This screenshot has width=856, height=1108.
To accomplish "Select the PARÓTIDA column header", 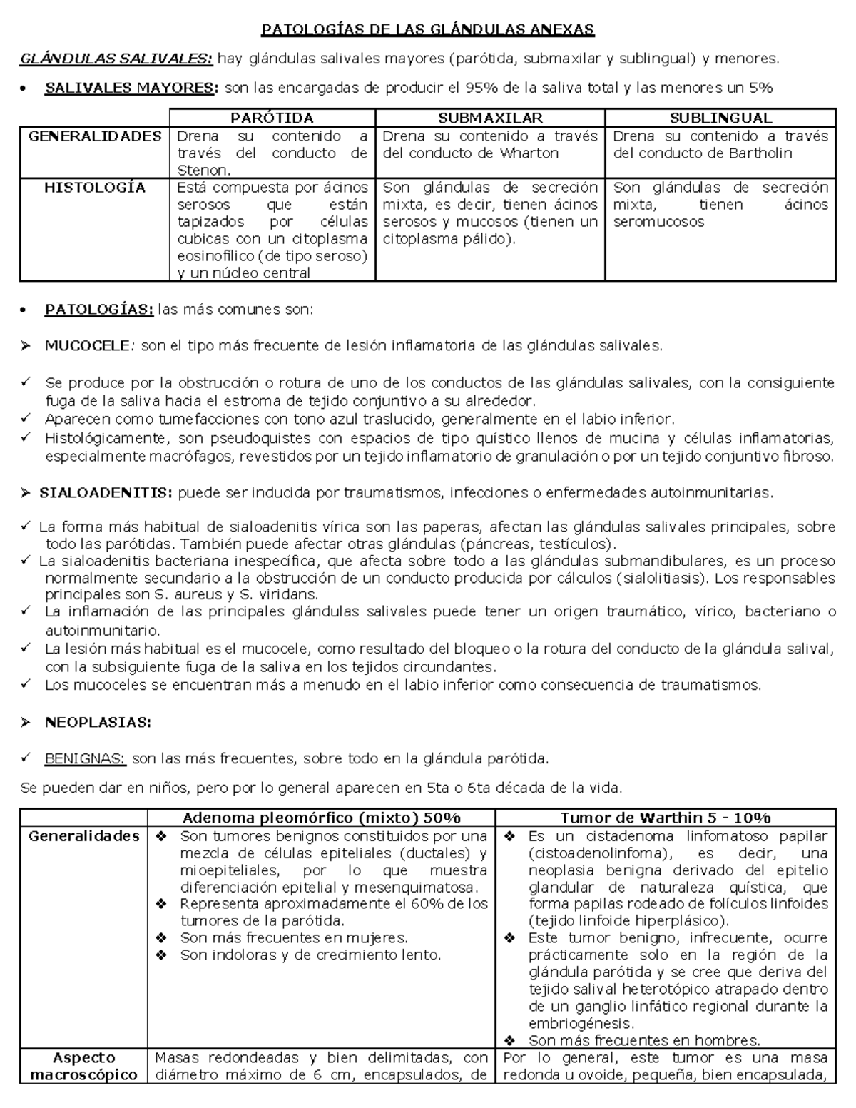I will point(272,118).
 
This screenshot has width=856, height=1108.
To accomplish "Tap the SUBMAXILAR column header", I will point(490,118).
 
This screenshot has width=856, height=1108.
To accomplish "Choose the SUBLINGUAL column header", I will point(720,118).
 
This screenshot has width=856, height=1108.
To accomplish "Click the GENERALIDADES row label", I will point(95,136).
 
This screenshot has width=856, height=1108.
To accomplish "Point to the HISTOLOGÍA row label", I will point(95,188).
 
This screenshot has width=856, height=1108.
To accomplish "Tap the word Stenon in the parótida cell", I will point(202,171).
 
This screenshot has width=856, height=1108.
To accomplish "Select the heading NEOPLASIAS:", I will point(98,723).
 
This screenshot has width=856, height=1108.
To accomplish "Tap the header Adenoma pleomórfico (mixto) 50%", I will point(322,818).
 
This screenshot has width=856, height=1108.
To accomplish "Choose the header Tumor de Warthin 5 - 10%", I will point(665,818).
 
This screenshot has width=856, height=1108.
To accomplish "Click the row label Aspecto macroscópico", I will point(84,1067).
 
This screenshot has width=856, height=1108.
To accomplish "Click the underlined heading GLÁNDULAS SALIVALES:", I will point(116,59).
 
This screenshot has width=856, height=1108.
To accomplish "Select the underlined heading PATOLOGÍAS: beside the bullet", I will point(99,310).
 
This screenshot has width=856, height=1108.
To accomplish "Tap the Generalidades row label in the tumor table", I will point(84,836).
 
